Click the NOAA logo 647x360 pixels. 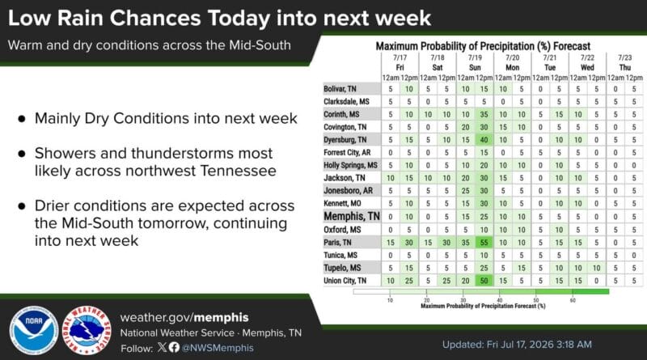pos(34,330)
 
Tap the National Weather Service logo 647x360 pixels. pos(87,330)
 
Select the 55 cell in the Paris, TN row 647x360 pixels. pos(484,243)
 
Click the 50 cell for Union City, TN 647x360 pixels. pos(484,281)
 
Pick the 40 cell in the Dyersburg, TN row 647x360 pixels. pos(484,140)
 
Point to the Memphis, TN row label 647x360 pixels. pos(352,216)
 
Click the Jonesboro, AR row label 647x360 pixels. pos(349,191)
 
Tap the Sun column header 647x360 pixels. pos(475,67)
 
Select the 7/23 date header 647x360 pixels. pos(624,57)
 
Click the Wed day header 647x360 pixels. pos(587,67)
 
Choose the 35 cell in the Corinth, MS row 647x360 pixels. pos(484,114)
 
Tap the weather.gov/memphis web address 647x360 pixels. pos(184,317)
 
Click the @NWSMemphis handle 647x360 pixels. pos(218,348)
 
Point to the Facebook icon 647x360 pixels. pos(174,347)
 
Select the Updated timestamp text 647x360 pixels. pos(517,345)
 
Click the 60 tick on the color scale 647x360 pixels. pos(573,300)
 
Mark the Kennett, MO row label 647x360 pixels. pos(342,204)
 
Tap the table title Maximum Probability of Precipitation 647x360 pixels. pos(483,46)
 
